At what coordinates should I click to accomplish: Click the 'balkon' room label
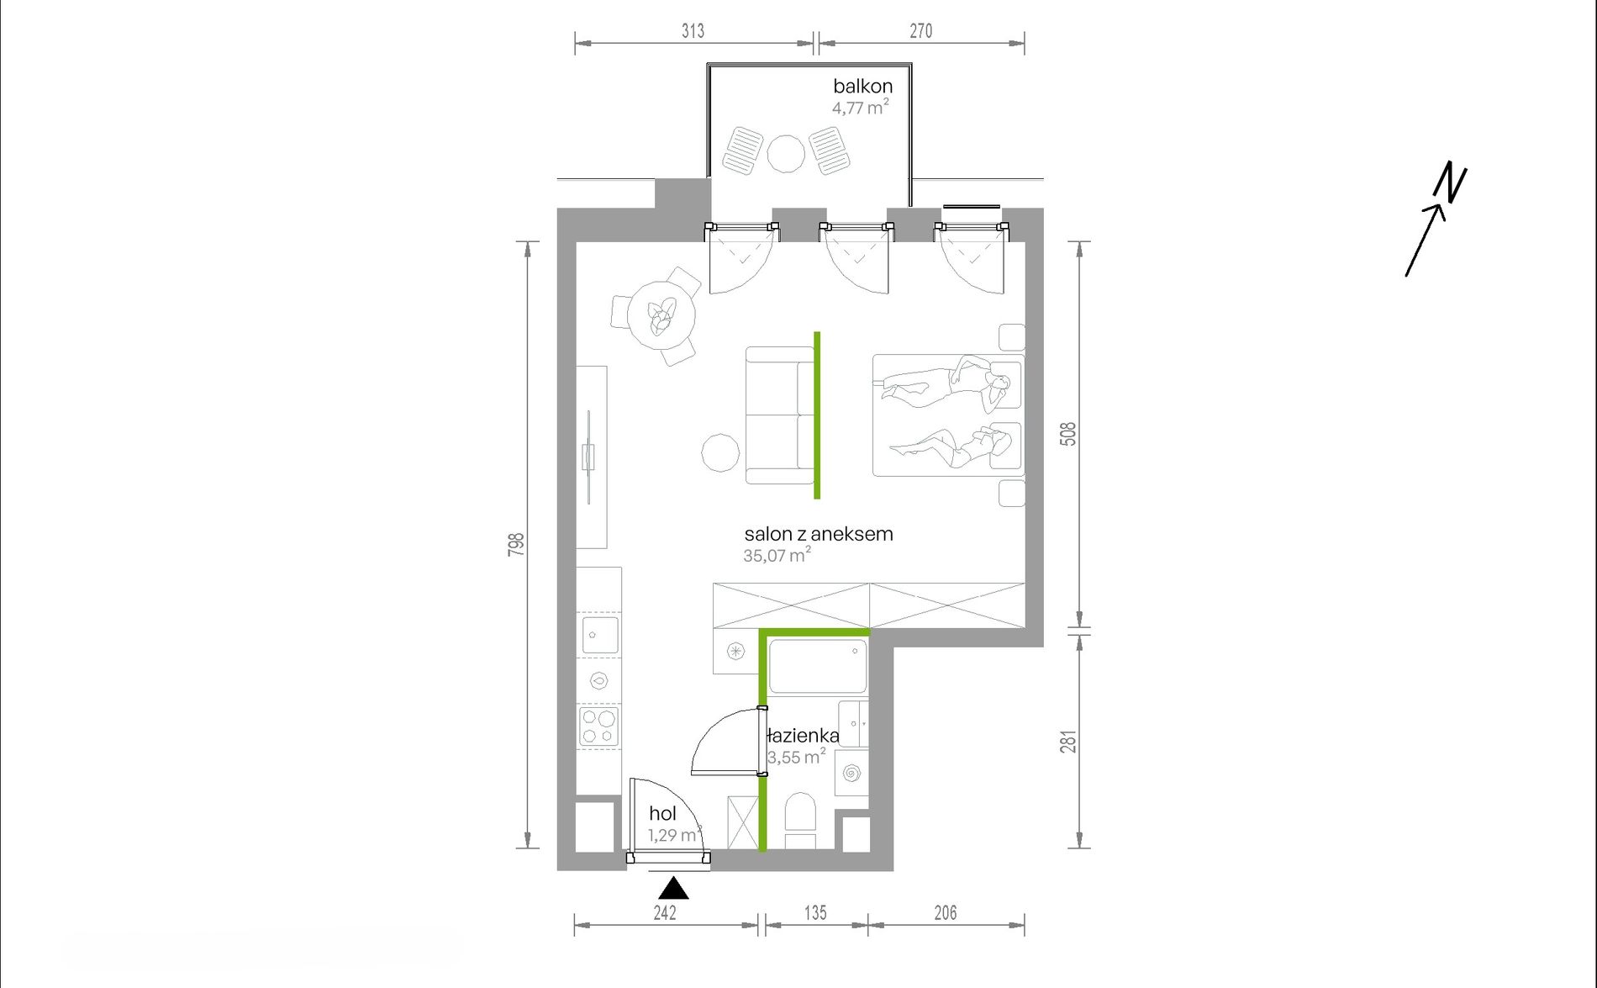pyautogui.click(x=862, y=86)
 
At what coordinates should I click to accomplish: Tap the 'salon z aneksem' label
pyautogui.click(x=818, y=534)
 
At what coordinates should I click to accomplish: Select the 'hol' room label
pyautogui.click(x=662, y=813)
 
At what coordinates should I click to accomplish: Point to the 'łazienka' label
pyautogui.click(x=803, y=736)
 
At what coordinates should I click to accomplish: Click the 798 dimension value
pyautogui.click(x=516, y=544)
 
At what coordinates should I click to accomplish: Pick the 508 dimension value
pyautogui.click(x=1067, y=434)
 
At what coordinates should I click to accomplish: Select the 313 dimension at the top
pyautogui.click(x=693, y=31)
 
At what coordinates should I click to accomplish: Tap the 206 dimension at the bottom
pyautogui.click(x=946, y=912)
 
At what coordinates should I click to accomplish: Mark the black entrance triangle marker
pyautogui.click(x=673, y=889)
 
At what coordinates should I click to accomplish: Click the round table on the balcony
pyautogui.click(x=786, y=154)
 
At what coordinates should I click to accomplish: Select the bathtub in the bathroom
pyautogui.click(x=817, y=666)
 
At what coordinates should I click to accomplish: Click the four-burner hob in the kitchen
pyautogui.click(x=598, y=726)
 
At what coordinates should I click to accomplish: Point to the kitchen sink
pyautogui.click(x=599, y=634)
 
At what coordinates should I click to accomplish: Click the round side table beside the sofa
pyautogui.click(x=720, y=452)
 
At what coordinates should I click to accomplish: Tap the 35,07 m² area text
pyautogui.click(x=777, y=554)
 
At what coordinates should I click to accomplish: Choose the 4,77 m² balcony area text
pyautogui.click(x=860, y=107)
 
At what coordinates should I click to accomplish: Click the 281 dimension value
pyautogui.click(x=1067, y=742)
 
